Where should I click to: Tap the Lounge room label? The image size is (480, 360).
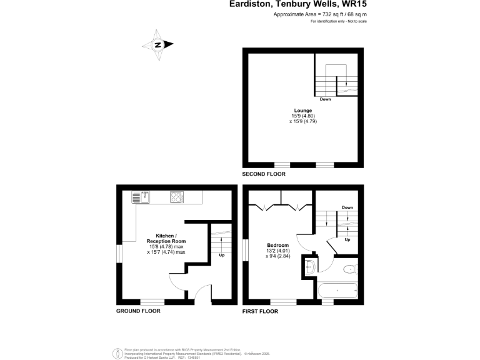coord(304,111)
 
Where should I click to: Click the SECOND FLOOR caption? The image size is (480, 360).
coord(264,174)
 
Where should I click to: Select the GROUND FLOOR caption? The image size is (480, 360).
coord(138,311)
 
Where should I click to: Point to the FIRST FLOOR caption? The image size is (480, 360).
coord(259,311)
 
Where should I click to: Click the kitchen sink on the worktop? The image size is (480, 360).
coord(139,198)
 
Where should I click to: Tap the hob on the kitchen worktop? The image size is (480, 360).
coord(176,198)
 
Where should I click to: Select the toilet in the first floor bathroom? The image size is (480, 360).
coord(350,269)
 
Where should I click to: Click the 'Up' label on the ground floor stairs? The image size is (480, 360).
coord(221,255)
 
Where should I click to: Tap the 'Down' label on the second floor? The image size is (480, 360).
coord(325,99)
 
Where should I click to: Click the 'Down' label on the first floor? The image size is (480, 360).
coord(347,207)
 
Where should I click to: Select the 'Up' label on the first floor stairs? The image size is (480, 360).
coord(347,239)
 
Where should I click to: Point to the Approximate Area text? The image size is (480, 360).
coord(320,14)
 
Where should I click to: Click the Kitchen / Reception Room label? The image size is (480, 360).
coord(166,238)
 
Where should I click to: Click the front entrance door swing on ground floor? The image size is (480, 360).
coord(202,291)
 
